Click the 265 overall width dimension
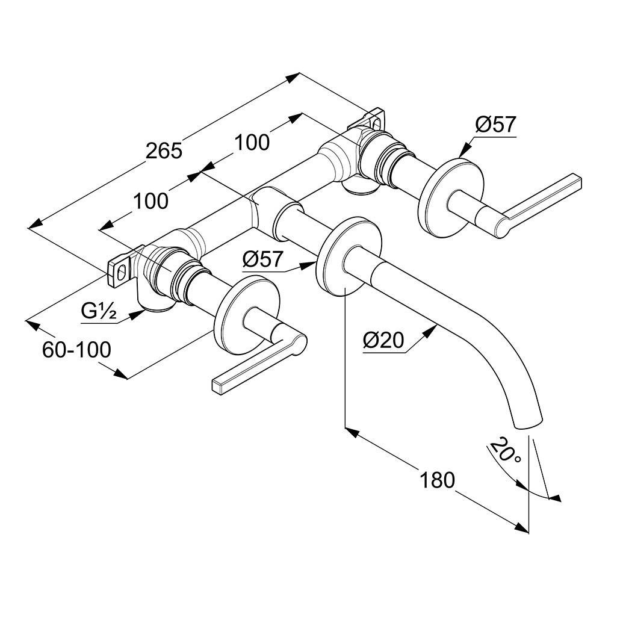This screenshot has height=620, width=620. tap(164, 150)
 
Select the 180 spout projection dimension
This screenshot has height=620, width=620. tap(437, 480)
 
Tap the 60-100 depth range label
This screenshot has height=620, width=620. tap(76, 350)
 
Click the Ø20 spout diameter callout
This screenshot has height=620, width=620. tap(384, 341)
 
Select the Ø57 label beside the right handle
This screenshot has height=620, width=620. tap(495, 125)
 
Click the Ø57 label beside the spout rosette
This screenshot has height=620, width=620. tap(263, 259)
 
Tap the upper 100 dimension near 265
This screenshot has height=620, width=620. tap(252, 142)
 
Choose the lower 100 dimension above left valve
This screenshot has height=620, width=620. tap(150, 201)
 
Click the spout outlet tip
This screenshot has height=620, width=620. tap(529, 424)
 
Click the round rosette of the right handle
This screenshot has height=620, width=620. tap(451, 198)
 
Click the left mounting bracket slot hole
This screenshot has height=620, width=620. tap(122, 273)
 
